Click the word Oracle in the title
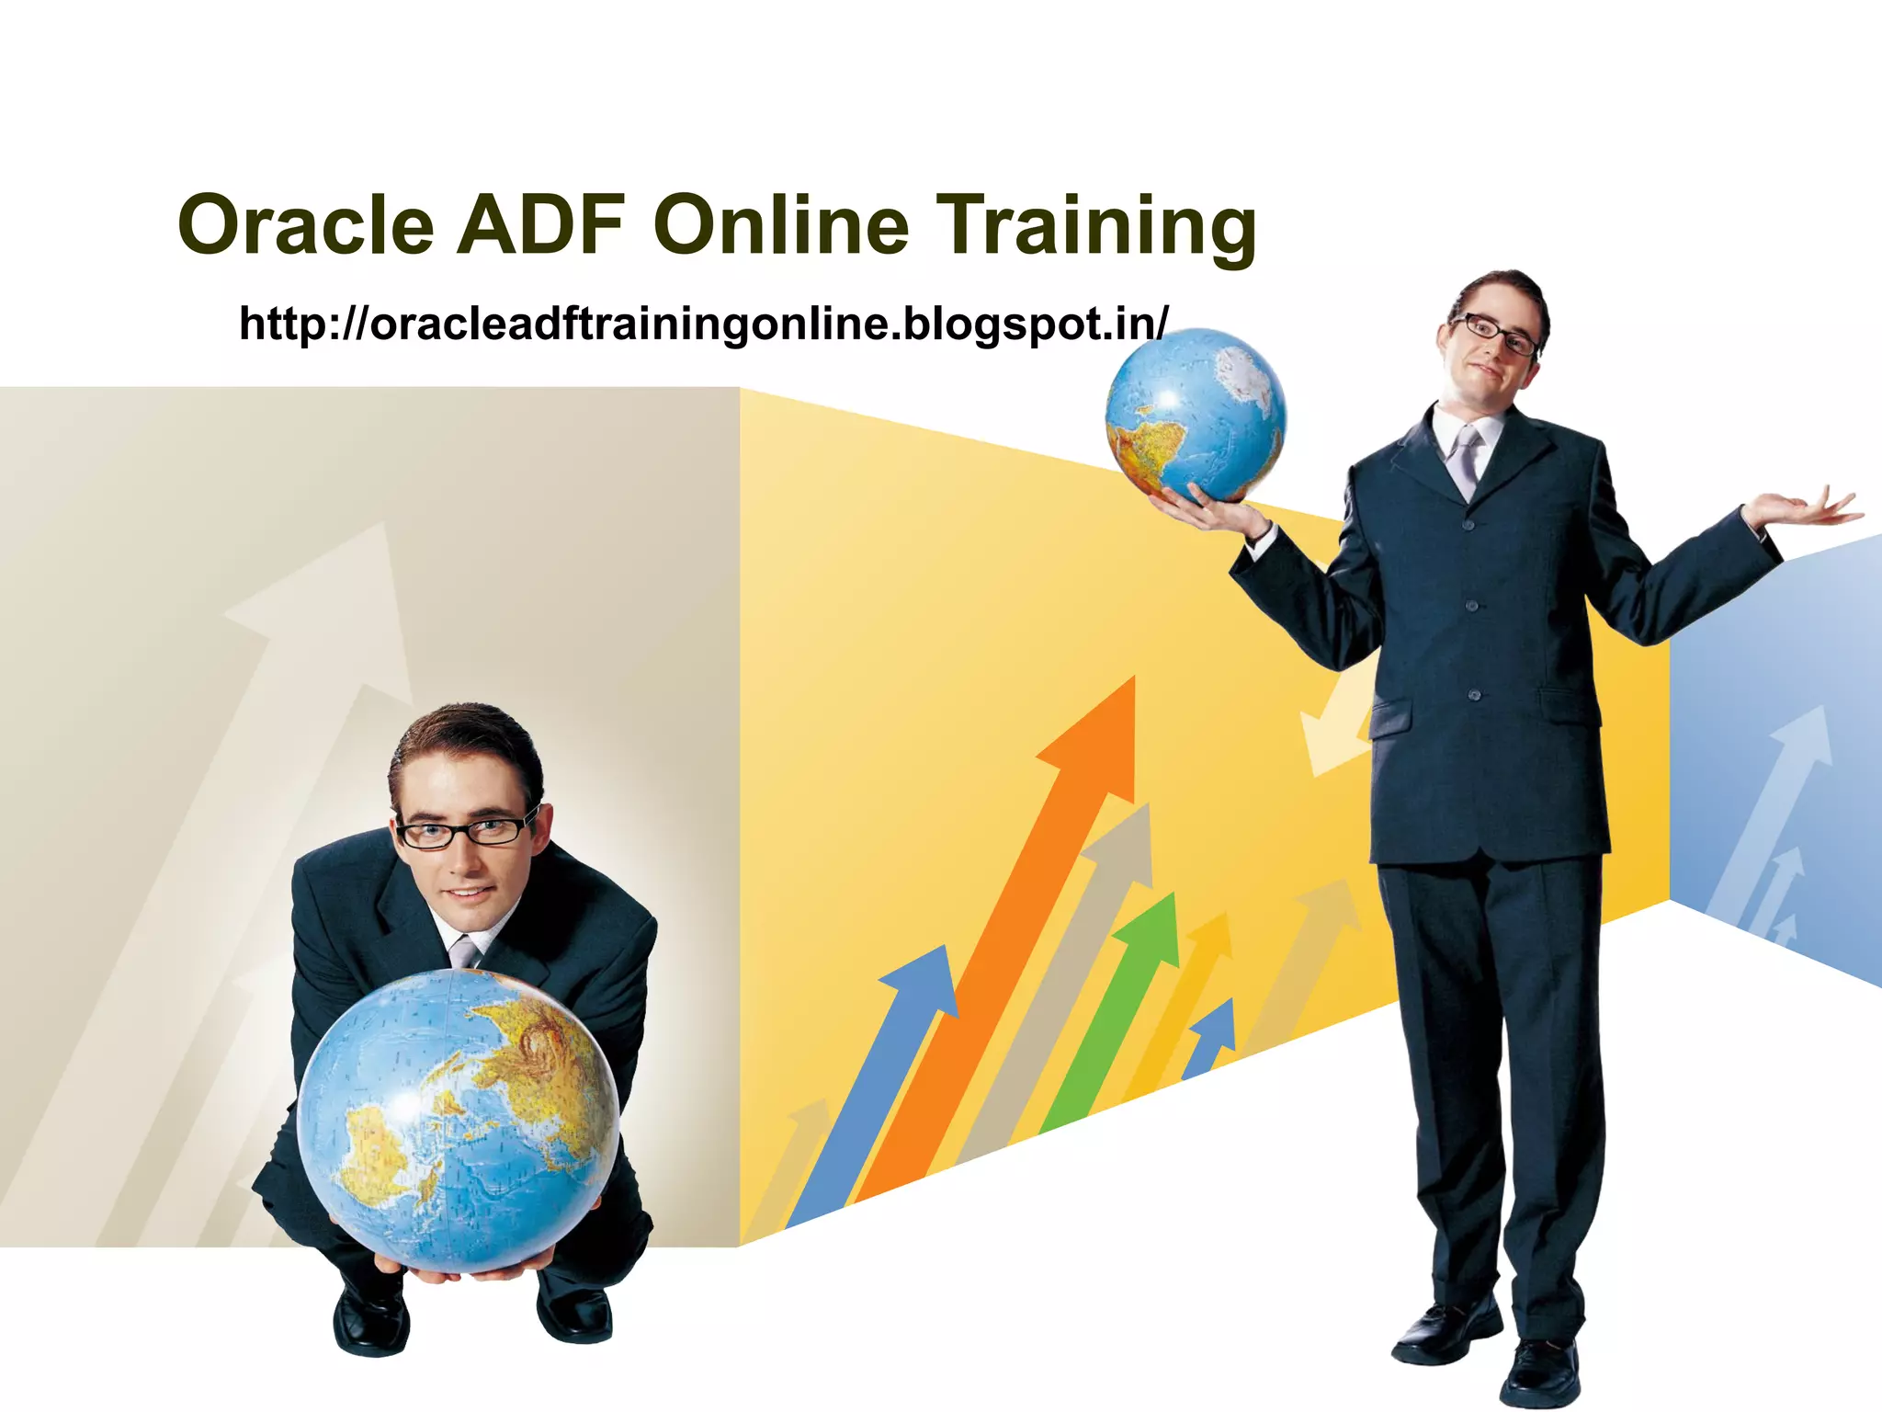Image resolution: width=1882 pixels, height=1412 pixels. (306, 225)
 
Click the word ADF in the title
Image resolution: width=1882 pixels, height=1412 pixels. (540, 225)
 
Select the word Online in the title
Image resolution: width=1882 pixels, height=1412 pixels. (781, 225)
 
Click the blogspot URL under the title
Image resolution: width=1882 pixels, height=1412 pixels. (703, 324)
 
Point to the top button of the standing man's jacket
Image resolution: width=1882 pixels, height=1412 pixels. (1468, 526)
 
